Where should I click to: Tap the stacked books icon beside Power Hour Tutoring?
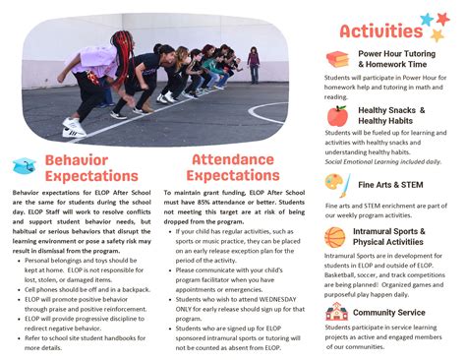pyautogui.click(x=337, y=59)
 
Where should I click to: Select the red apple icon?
pyautogui.click(x=337, y=116)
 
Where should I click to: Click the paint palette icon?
pyautogui.click(x=336, y=184)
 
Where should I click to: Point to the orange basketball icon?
pyautogui.click(x=336, y=236)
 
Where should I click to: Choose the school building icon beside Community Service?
pyautogui.click(x=336, y=312)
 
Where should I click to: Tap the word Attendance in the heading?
pyautogui.click(x=232, y=158)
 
